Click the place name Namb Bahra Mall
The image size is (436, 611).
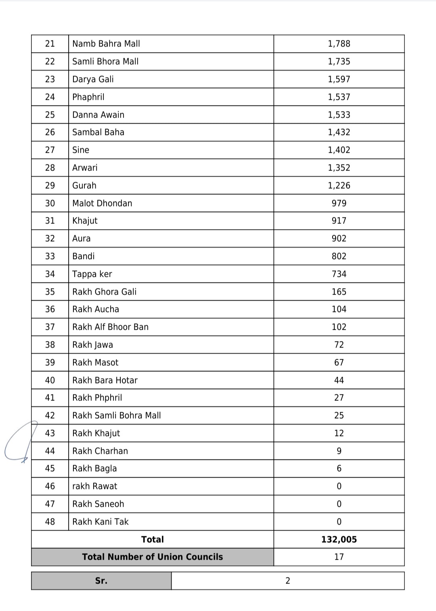106,44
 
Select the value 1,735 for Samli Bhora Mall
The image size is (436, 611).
339,61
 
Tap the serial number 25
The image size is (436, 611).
50,115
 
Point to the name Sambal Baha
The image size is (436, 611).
98,132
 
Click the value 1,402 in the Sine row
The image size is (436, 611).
339,150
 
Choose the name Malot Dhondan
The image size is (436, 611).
102,203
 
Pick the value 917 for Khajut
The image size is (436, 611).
339,221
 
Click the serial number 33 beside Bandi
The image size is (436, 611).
50,256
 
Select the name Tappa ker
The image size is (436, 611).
92,274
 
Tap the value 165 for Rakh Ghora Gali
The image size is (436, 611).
339,292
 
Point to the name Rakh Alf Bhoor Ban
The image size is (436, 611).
110,327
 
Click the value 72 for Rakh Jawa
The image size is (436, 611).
339,345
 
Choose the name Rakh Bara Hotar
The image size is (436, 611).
105,380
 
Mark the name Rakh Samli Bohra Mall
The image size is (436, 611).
116,415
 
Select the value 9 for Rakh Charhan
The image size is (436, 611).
339,451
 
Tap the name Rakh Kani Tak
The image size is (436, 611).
100,522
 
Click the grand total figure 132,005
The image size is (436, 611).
339,539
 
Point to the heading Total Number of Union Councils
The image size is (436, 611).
152,557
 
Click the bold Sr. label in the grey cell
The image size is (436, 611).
101,581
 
